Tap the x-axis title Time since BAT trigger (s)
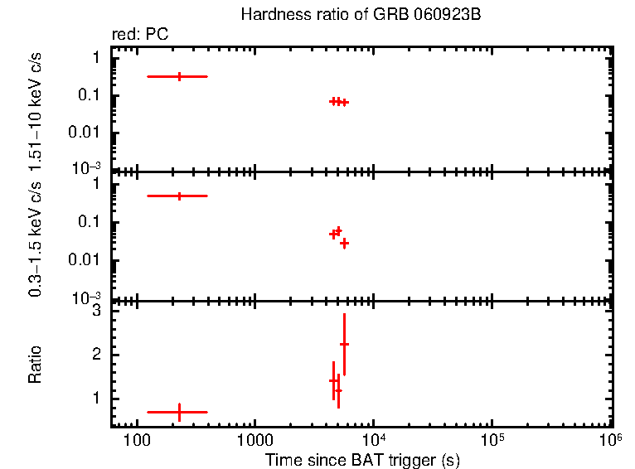[362, 459]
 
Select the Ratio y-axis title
[35, 365]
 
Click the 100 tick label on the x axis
[135, 440]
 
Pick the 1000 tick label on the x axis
[254, 440]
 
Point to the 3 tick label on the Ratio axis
[96, 312]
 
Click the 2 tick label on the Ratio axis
[96, 355]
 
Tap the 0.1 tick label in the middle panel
[91, 222]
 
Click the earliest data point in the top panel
[179, 76]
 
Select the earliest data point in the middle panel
[179, 196]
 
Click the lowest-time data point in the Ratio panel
[179, 411]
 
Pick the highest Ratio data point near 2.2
[344, 344]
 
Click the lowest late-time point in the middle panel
[344, 243]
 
